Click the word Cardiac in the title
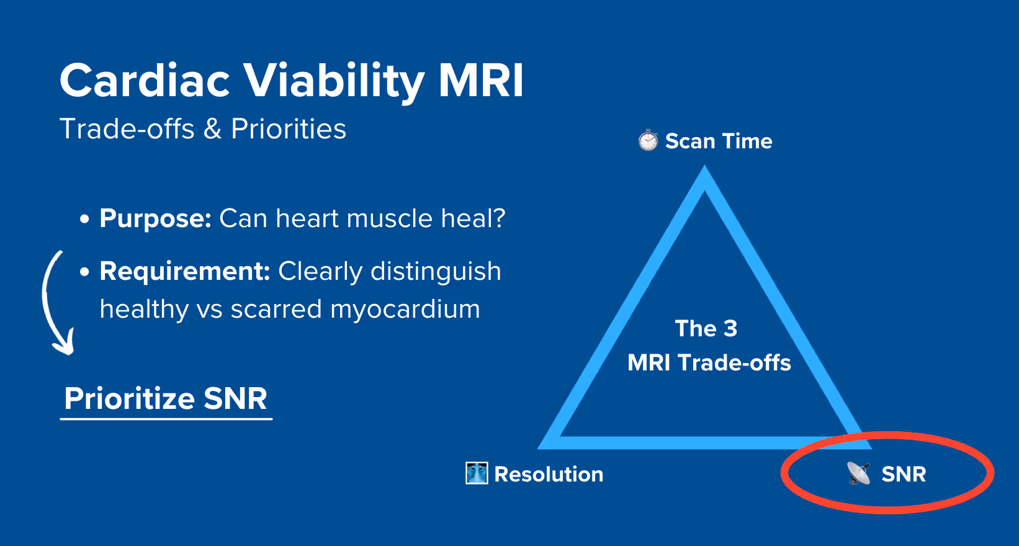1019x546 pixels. coord(145,81)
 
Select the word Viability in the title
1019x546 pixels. coord(333,81)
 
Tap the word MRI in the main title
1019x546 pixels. coord(481,81)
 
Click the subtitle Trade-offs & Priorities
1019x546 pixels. coord(202,129)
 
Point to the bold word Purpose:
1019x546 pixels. coord(156,218)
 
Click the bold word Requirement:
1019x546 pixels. coord(184,271)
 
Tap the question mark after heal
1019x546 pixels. coord(499,218)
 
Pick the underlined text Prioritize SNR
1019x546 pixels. coord(166,398)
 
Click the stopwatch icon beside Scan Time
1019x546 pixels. coord(648,141)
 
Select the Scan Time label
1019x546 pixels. coord(719,141)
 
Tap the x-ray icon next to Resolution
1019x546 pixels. coord(477,473)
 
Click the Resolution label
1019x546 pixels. coord(549,474)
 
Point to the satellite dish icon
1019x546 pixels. coord(859,473)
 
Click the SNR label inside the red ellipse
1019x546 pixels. coord(904,474)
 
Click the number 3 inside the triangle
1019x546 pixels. coord(730,328)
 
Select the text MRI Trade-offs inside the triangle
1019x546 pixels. coord(709,362)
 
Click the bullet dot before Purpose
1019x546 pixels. coord(85,219)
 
